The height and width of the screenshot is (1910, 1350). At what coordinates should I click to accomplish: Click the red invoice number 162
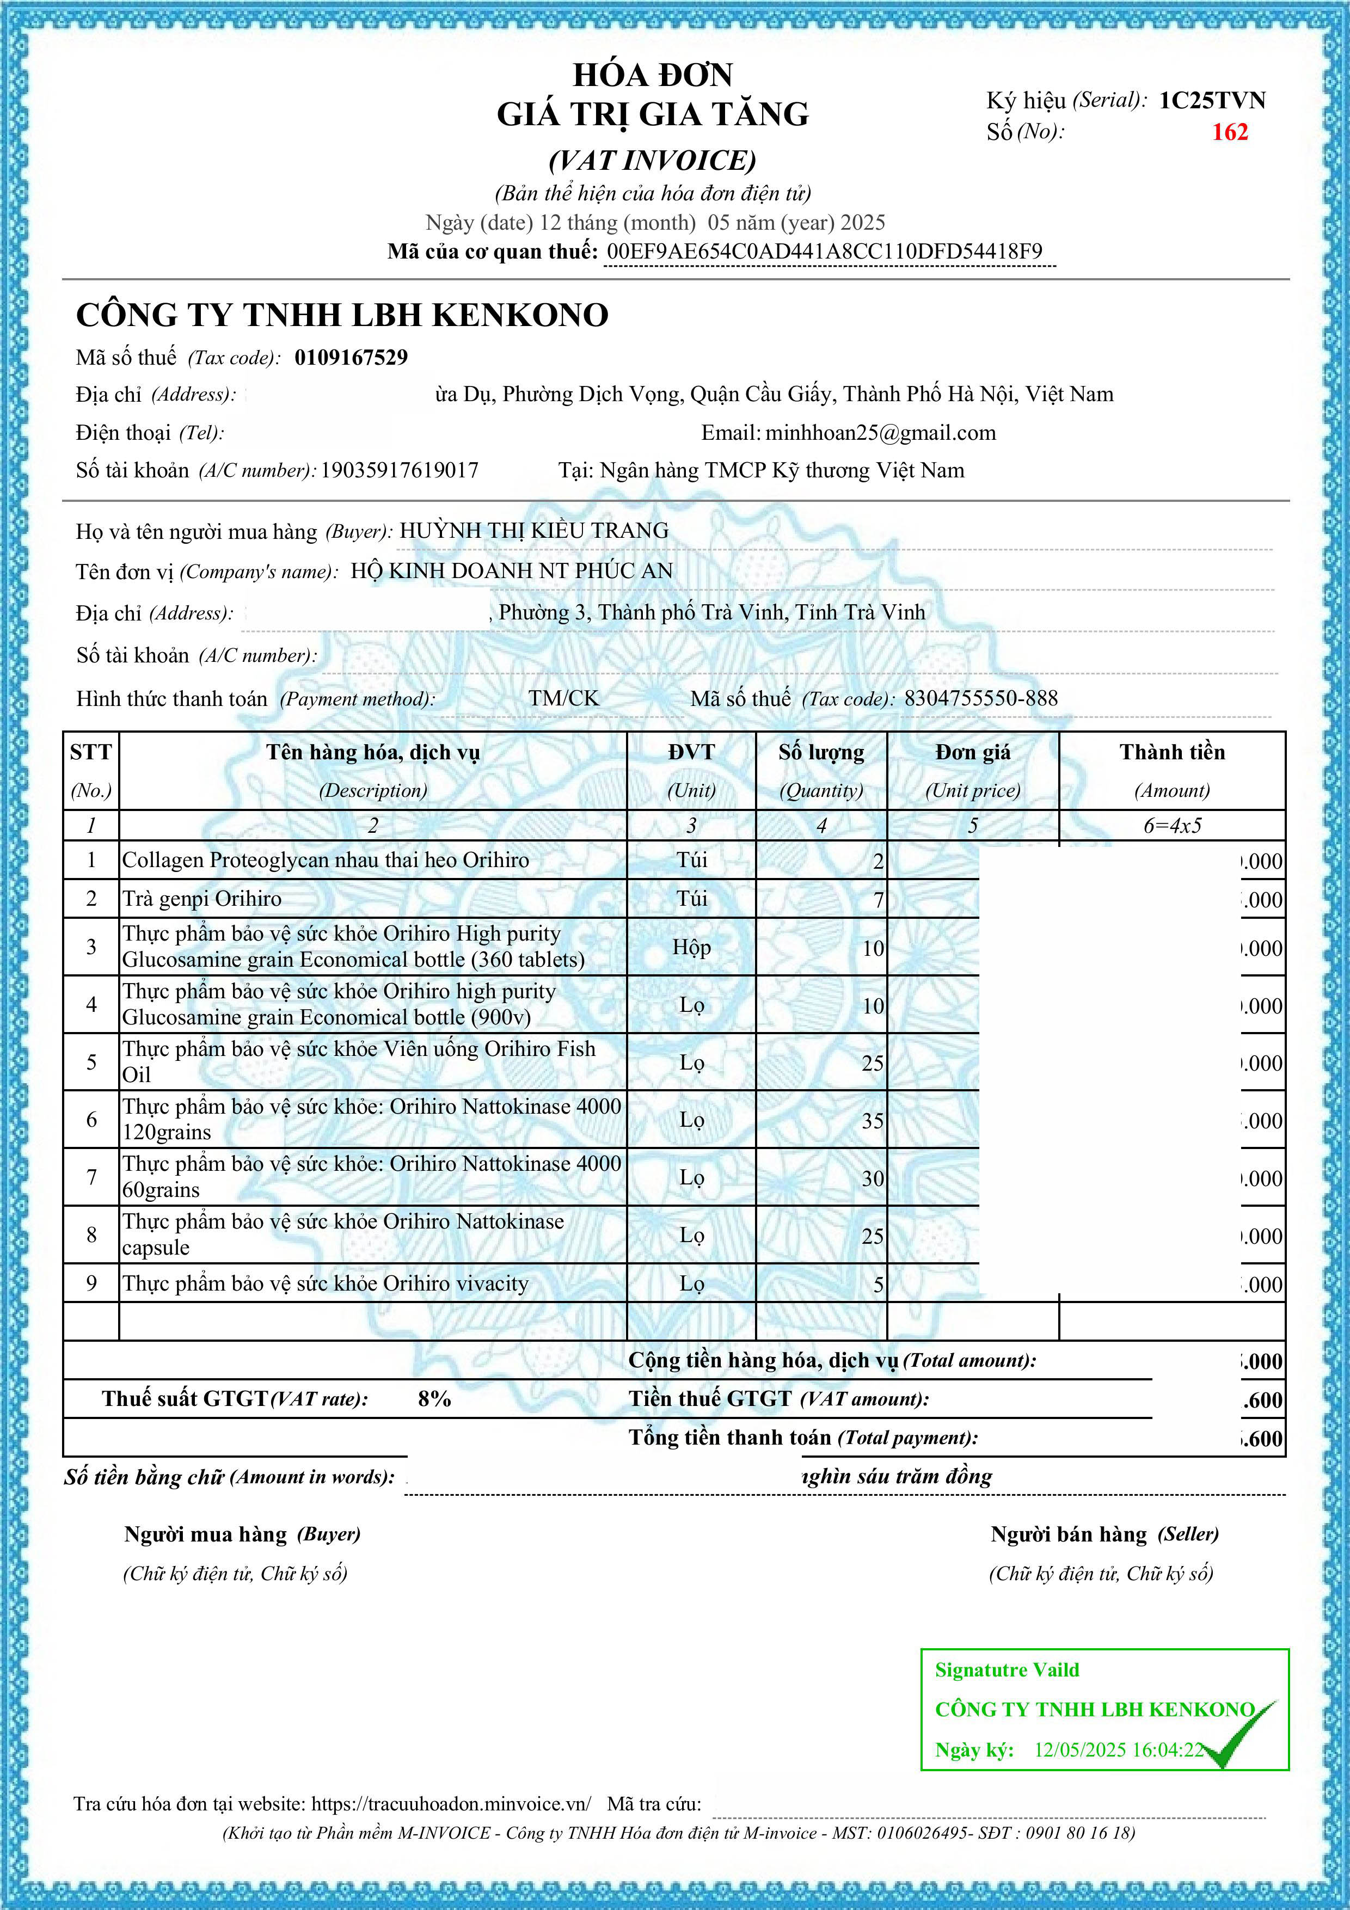1229,132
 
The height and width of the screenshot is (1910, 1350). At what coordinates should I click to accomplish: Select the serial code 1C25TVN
1212,101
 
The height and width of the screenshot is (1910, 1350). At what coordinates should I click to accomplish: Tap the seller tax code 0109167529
351,358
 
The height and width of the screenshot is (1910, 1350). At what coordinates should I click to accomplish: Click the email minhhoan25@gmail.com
880,433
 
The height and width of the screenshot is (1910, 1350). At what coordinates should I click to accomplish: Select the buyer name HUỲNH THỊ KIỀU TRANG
534,531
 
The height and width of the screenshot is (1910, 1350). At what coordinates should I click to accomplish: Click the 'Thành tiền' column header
1172,753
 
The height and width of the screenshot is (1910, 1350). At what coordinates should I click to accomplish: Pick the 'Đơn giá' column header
972,753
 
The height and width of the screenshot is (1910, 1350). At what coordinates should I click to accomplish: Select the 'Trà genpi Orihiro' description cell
202,899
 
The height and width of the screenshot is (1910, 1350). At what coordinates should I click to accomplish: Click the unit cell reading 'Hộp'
691,948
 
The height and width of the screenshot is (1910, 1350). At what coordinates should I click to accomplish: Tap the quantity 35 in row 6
872,1121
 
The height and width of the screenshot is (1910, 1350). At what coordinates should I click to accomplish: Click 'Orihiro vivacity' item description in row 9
325,1283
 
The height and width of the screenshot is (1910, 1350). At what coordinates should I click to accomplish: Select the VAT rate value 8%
434,1398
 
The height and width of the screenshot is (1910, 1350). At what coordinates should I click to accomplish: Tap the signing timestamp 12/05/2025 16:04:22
1119,1749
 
